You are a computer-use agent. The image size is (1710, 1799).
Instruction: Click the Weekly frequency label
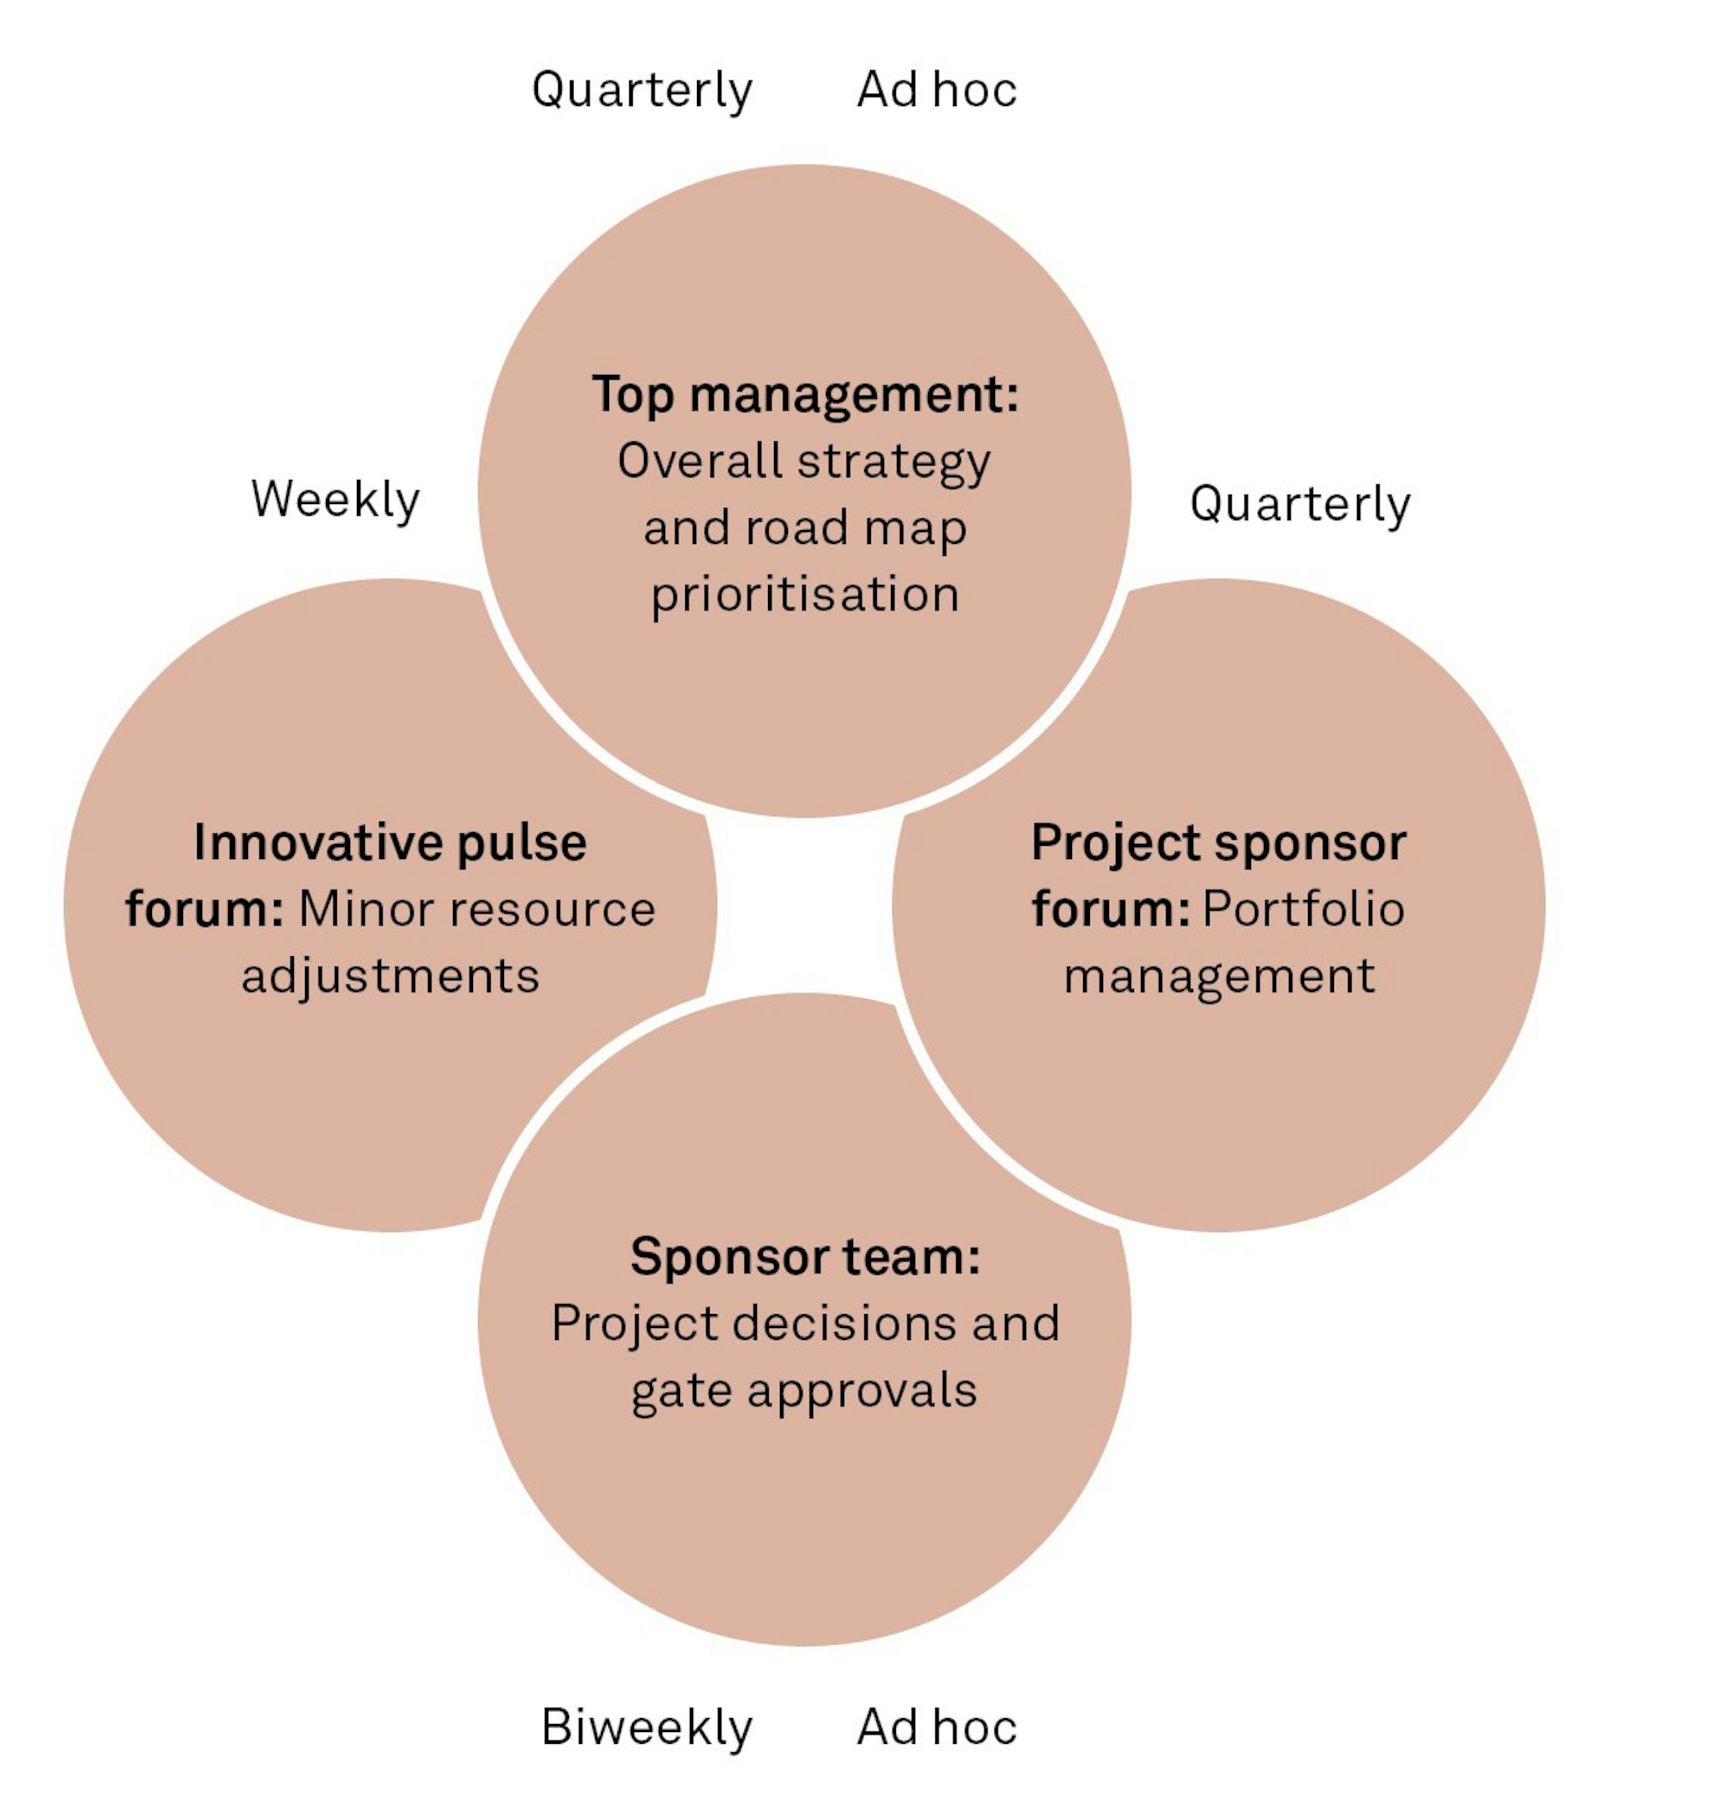coord(335,500)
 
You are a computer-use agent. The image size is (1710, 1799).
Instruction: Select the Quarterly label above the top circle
coord(642,90)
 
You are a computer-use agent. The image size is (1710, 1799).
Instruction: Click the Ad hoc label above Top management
coord(937,89)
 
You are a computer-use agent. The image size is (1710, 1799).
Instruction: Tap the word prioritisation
coord(805,595)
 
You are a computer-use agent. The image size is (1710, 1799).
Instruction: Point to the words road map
coord(856,529)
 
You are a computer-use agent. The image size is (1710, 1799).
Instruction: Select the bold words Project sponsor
coord(1219,843)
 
